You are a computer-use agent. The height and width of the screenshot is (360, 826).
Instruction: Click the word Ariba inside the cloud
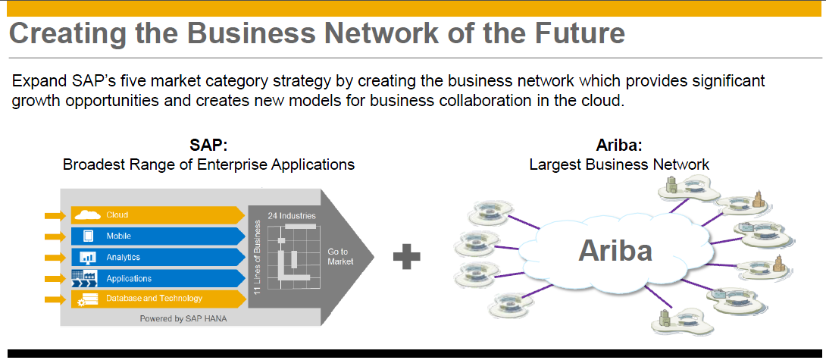tap(615, 250)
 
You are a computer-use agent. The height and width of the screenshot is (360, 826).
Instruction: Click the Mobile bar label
tap(118, 236)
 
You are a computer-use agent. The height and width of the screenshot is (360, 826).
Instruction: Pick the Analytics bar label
tap(123, 258)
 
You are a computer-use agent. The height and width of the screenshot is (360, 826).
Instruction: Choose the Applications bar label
tap(129, 279)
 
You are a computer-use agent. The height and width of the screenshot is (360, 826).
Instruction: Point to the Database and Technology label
tap(154, 299)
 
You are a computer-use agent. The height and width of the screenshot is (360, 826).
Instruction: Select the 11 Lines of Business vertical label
tap(258, 257)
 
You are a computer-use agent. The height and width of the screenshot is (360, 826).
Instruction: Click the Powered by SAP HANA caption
tap(183, 319)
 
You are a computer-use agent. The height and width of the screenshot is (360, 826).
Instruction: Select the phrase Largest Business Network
tap(618, 164)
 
